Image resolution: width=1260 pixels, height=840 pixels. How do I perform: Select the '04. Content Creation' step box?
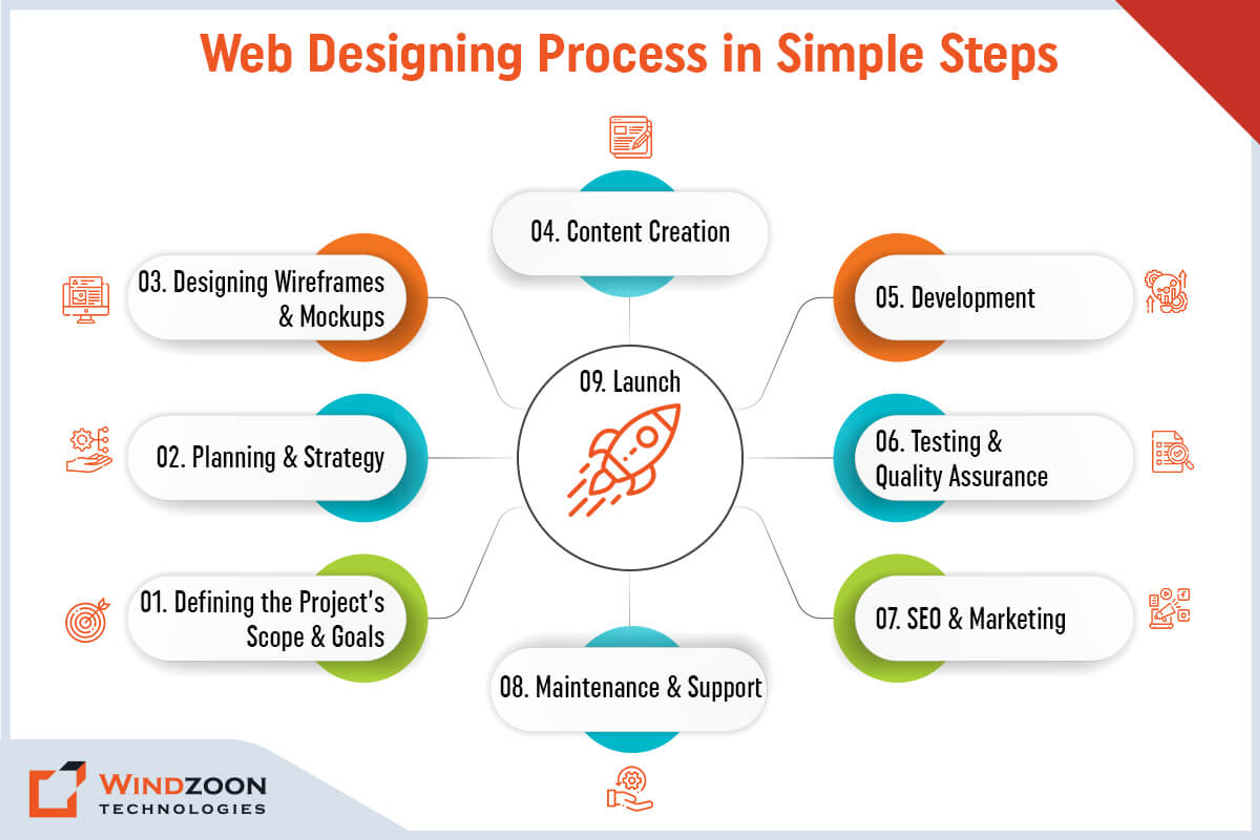(x=630, y=233)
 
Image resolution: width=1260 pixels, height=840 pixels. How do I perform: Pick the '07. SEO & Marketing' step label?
(x=970, y=619)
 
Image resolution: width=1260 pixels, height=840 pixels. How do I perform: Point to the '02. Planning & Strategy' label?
(x=270, y=458)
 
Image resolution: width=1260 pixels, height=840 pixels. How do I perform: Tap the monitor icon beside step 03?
(x=86, y=300)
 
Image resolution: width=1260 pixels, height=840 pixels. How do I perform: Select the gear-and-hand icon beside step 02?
(x=89, y=450)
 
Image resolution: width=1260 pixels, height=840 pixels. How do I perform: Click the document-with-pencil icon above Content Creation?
(x=631, y=137)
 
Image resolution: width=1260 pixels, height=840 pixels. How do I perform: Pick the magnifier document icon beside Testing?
(x=1172, y=451)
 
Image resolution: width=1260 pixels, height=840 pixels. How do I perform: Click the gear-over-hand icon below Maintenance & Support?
(x=629, y=788)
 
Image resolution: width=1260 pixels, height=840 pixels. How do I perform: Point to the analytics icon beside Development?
(x=1166, y=291)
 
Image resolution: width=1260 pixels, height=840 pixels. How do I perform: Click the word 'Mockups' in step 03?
(x=342, y=317)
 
